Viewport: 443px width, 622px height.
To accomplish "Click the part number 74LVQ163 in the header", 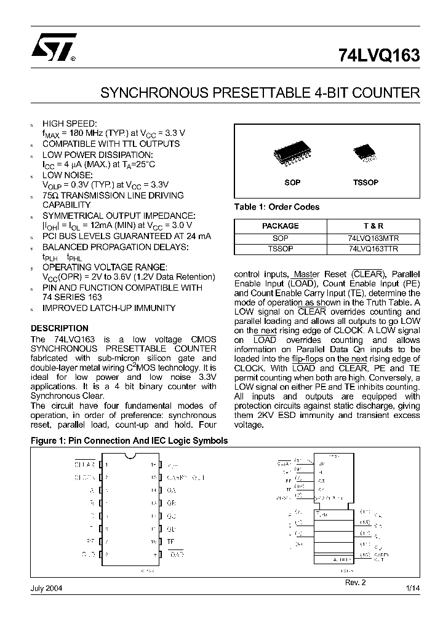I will [379, 55].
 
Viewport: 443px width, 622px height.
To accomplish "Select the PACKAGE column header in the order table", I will [280, 226].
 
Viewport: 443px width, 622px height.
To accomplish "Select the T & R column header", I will [373, 226].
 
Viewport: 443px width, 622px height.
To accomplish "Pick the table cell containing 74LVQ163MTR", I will [373, 238].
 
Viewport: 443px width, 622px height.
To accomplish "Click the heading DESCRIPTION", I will [59, 328].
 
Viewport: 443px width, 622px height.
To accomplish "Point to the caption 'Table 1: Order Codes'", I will [277, 207].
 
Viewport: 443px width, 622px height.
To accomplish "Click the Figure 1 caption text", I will [129, 441].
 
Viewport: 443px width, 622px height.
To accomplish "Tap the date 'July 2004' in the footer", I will [46, 588].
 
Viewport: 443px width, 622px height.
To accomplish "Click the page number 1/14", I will [412, 588].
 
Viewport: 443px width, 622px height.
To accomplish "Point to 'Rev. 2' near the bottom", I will [356, 581].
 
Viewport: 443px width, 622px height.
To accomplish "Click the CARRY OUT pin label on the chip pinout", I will [185, 477].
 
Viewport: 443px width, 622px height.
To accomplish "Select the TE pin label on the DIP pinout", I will [170, 541].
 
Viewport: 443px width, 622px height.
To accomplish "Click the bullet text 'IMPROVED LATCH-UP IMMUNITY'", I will [109, 308].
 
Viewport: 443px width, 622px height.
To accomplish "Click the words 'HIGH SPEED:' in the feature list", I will [70, 124].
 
